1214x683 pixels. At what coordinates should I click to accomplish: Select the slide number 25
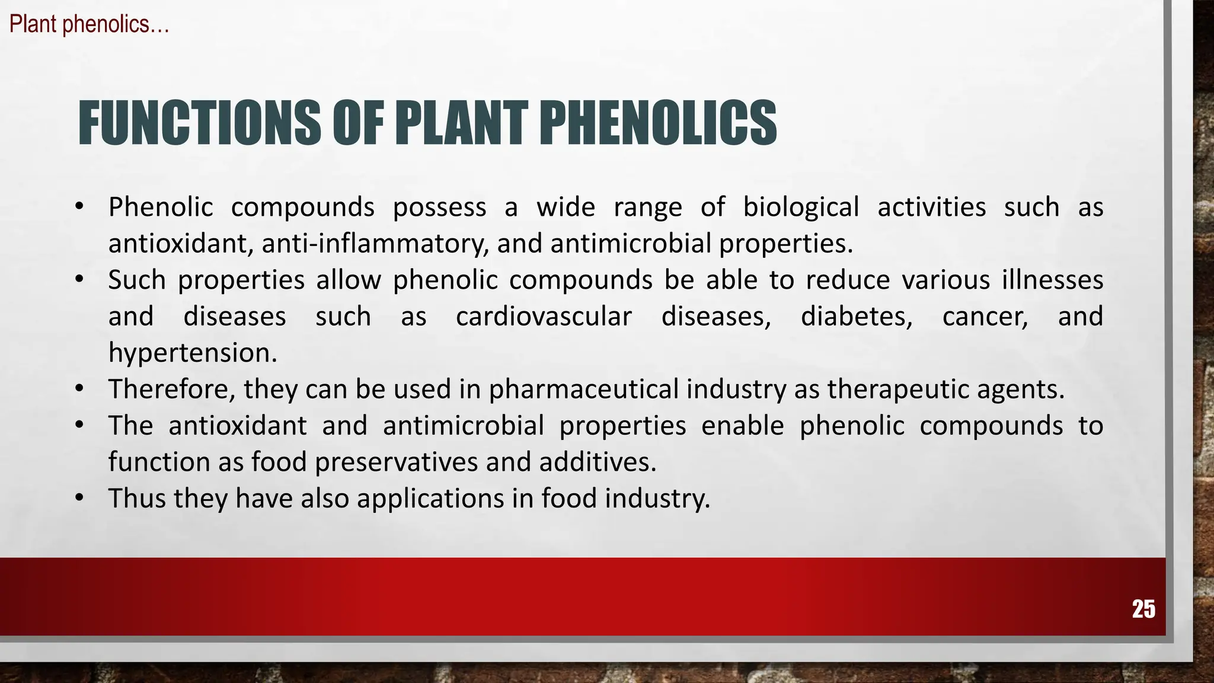(1143, 609)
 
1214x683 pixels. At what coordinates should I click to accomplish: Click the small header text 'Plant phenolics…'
(90, 24)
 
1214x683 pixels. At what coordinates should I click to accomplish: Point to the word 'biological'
(801, 208)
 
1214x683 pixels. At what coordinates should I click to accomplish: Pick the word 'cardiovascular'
(544, 317)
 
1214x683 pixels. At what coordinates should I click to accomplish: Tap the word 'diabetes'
(857, 317)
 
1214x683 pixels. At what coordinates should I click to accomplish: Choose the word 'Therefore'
(172, 390)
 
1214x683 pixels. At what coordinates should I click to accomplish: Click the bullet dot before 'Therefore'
(79, 388)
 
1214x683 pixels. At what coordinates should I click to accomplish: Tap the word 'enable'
(743, 426)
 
